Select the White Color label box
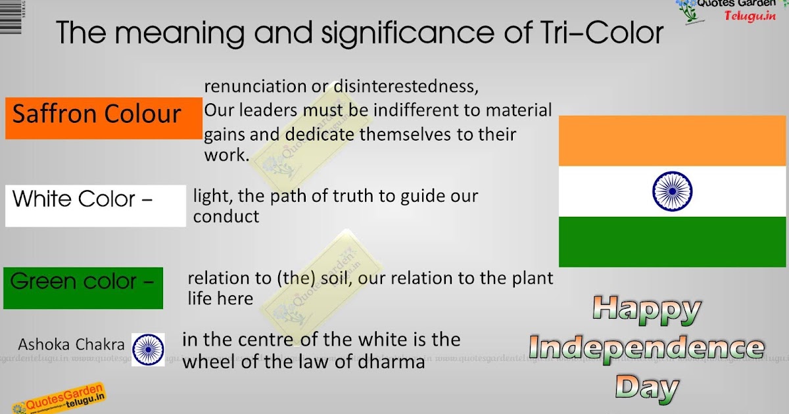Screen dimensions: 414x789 click(x=95, y=206)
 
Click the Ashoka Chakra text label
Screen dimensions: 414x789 click(x=71, y=344)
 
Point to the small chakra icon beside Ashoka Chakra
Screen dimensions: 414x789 click(x=148, y=350)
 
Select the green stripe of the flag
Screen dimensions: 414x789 click(x=673, y=241)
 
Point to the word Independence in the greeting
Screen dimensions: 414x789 click(x=646, y=348)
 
